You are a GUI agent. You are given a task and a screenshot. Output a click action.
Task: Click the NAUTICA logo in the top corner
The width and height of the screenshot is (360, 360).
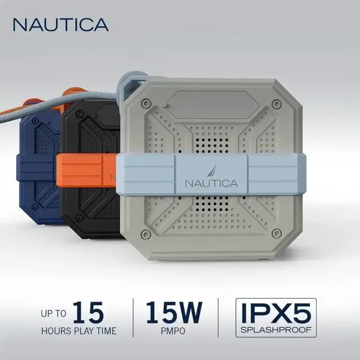60,24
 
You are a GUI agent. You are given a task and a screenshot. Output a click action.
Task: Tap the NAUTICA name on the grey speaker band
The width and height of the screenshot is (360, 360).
211,183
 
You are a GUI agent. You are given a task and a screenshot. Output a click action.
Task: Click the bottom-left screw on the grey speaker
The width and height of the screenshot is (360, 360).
147,233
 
